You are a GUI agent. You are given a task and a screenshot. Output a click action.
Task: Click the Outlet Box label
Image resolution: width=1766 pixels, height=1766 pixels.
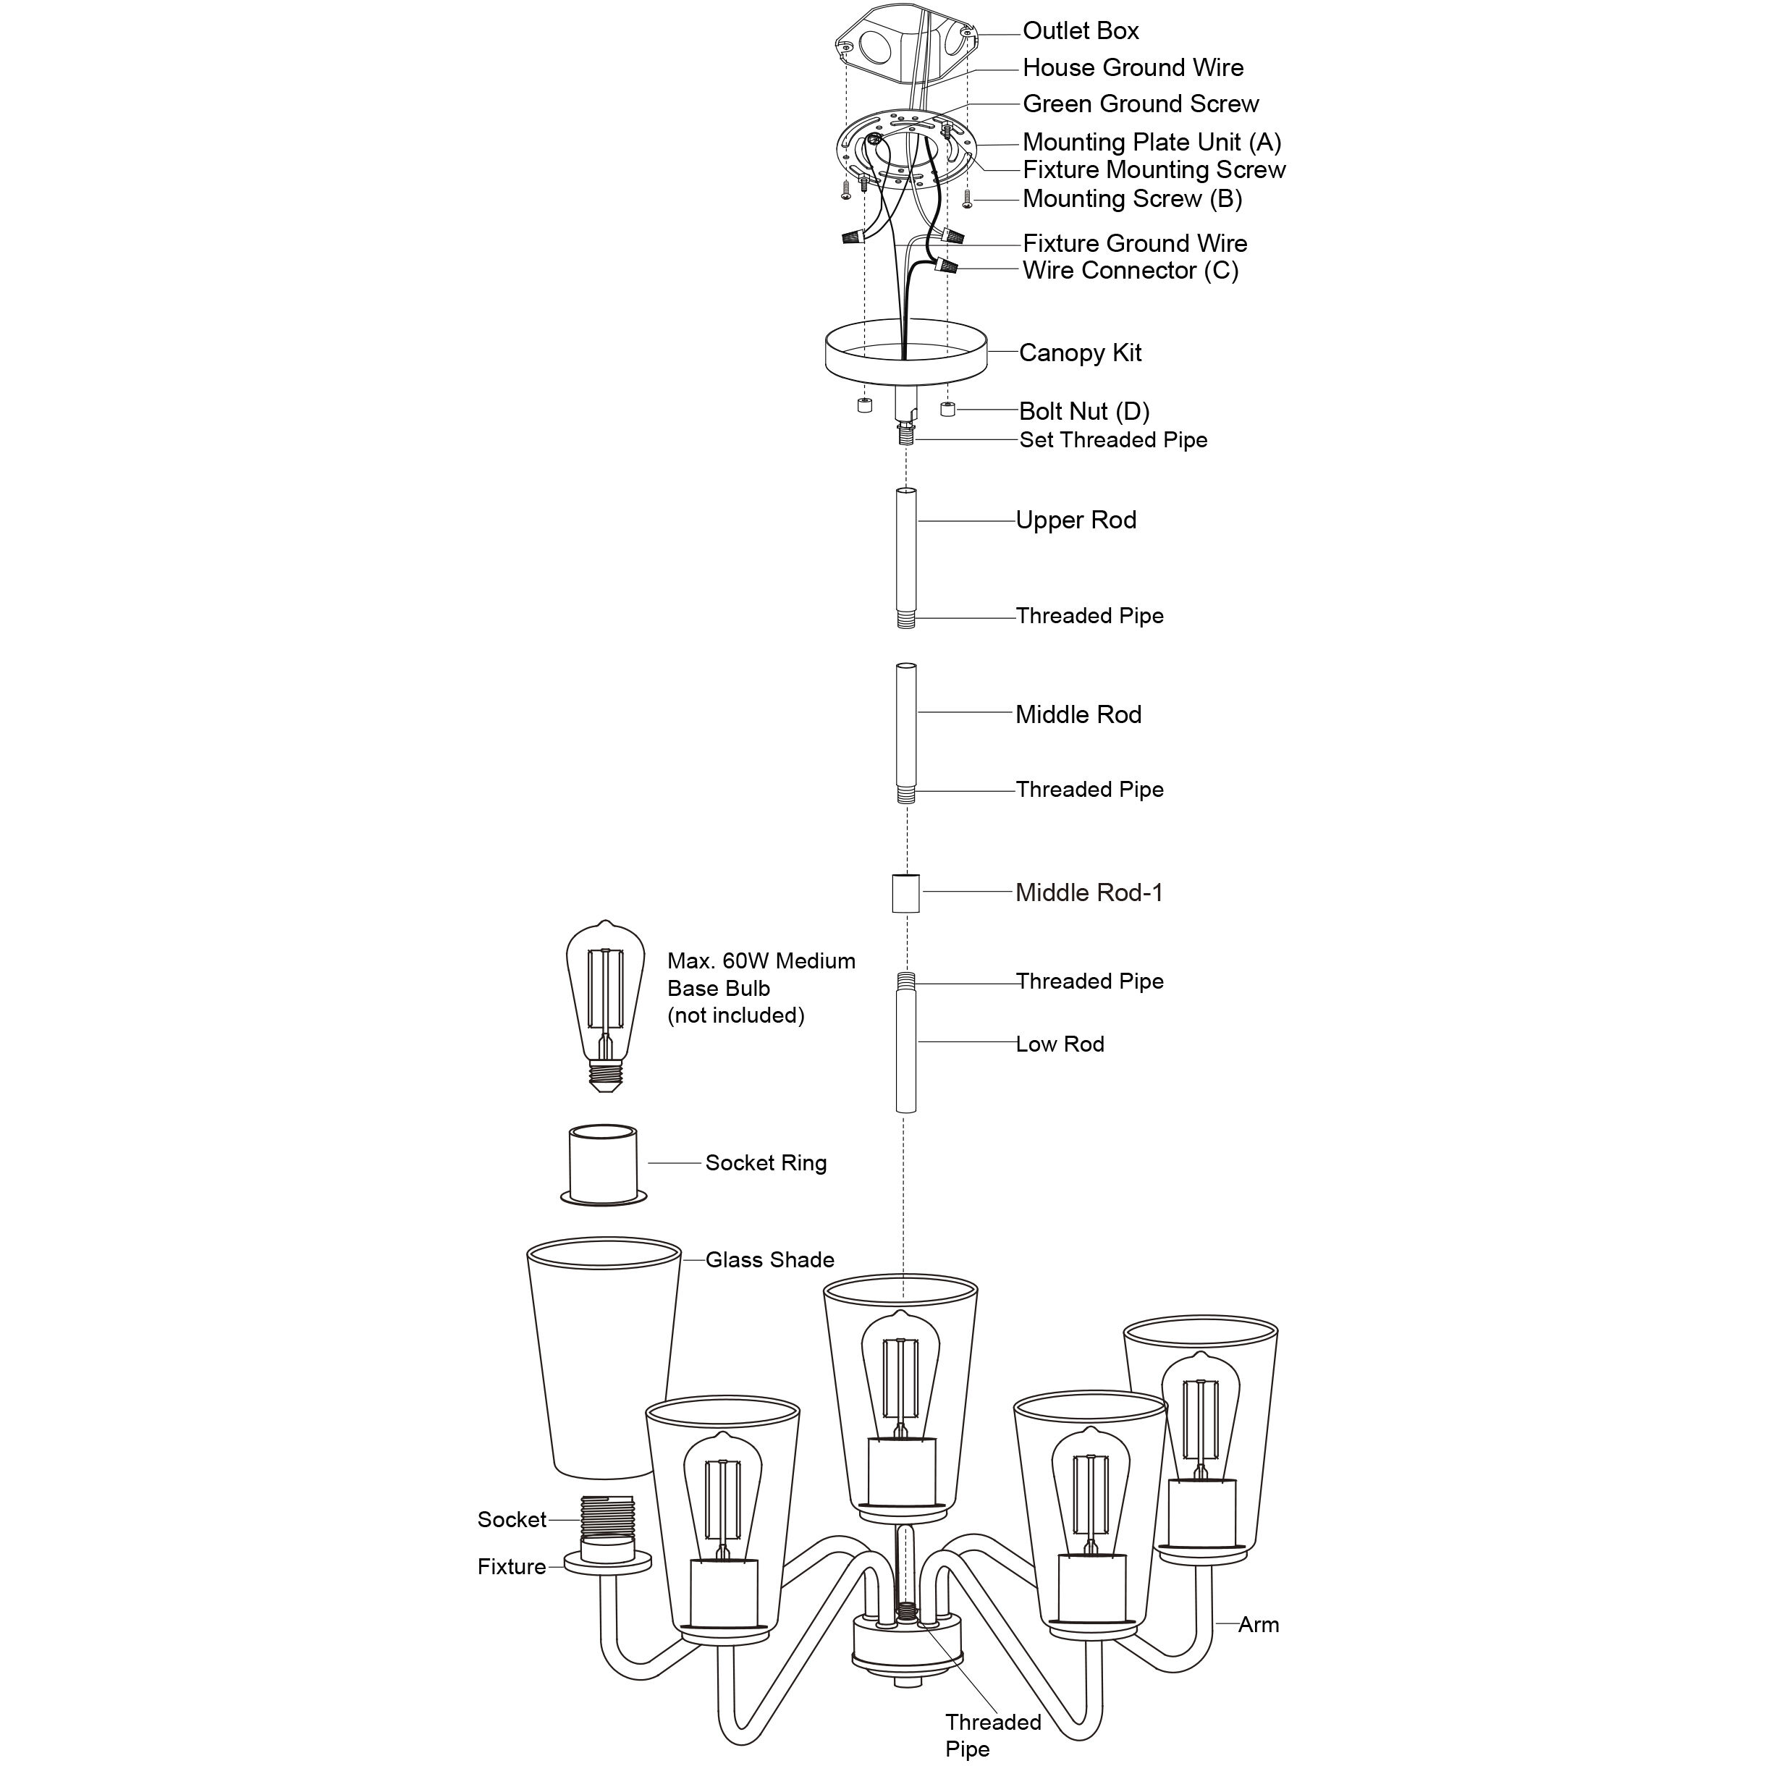1081,31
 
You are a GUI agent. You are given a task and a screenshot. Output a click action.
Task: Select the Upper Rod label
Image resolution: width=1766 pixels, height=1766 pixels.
1076,520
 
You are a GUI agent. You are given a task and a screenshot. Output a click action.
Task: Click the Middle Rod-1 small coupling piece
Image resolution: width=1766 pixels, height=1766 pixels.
905,893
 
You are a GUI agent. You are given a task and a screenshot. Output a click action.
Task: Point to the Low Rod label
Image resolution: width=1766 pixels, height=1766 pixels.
1060,1044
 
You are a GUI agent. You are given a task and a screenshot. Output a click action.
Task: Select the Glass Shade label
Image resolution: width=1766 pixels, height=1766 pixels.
769,1259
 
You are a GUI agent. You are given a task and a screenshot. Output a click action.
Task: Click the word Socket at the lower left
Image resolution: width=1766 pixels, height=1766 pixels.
511,1519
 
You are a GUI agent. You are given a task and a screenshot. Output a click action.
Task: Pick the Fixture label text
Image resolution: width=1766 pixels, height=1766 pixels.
511,1567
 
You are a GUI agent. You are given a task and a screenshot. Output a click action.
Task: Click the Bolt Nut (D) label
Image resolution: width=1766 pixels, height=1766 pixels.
1084,411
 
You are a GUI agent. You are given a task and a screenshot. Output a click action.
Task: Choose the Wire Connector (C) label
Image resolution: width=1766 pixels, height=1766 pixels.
1130,271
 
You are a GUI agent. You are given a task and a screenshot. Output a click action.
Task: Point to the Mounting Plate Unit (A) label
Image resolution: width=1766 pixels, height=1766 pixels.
1152,143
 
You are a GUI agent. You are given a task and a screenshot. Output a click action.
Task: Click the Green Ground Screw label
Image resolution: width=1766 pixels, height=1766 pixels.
1140,104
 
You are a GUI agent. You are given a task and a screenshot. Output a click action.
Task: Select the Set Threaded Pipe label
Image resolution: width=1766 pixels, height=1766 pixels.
1113,439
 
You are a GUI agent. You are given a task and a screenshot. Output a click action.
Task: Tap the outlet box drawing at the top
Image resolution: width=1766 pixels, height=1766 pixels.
905,46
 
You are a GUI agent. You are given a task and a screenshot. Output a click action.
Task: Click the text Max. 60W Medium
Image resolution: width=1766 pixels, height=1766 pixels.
761,960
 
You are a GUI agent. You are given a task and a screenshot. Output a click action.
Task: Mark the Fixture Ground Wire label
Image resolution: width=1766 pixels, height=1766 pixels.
1134,243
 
